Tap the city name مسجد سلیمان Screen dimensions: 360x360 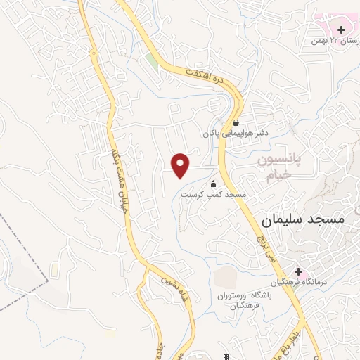303,219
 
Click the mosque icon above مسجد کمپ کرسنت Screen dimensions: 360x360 213,184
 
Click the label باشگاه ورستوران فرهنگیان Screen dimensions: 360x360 239,300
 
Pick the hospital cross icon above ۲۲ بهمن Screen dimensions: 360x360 342,30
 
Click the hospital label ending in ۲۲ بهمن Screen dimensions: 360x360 329,41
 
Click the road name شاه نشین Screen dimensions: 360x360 167,288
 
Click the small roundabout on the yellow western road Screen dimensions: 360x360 146,265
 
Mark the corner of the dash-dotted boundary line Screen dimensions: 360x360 50,280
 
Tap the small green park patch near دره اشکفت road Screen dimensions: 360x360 152,61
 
